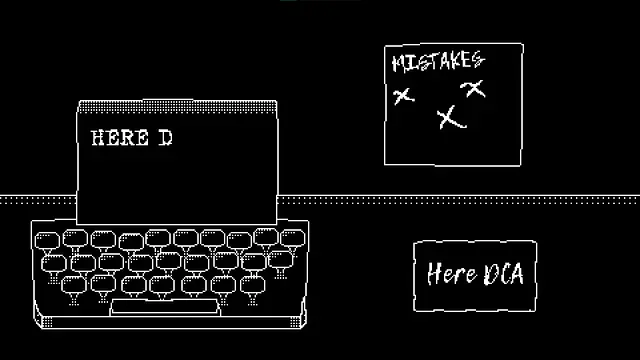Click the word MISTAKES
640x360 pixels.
tap(437, 62)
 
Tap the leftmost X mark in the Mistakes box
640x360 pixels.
tap(403, 96)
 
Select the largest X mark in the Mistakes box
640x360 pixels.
tap(451, 118)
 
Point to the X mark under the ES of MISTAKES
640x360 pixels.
tap(474, 89)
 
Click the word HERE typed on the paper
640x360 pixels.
tap(119, 138)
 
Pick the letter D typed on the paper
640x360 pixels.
tap(165, 138)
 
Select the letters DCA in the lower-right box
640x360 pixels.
tap(503, 273)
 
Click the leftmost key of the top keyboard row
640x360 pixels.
tap(49, 239)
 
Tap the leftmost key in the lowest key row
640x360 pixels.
tap(73, 285)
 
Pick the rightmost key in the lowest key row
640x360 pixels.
tap(252, 284)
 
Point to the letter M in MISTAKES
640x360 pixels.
tap(399, 63)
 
